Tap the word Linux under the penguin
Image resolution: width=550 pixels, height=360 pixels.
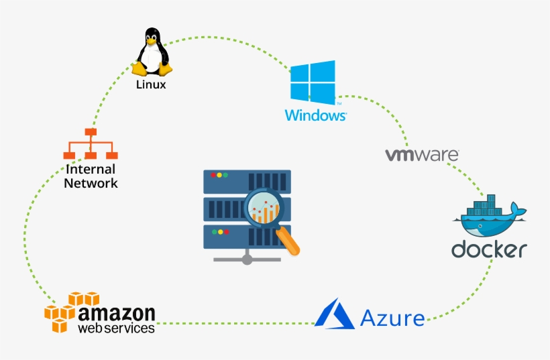coord(151,85)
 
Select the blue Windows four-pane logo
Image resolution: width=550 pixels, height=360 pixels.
coord(313,82)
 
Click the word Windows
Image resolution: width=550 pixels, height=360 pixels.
coord(315,115)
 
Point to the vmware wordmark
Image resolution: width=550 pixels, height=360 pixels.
coord(421,155)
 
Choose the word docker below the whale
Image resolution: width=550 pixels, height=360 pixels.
coord(488,249)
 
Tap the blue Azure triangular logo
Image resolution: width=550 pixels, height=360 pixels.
coord(335,314)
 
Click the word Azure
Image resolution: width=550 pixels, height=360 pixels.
coord(392,317)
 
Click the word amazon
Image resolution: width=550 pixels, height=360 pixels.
coord(117,313)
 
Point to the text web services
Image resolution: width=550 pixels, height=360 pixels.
coord(116,328)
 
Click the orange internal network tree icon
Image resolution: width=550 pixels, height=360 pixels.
coord(89,144)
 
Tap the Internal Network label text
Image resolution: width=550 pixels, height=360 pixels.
coord(91,176)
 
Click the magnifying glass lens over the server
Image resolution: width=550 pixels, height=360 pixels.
coord(265,207)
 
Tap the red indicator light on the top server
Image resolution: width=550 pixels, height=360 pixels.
coord(214,175)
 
